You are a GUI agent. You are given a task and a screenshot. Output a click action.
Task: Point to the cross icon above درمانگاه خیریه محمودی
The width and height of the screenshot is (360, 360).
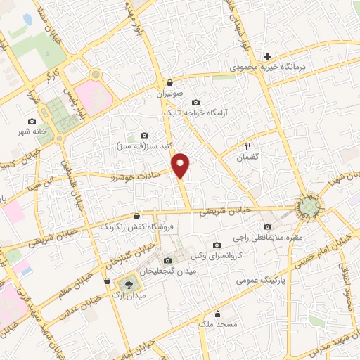(267, 56)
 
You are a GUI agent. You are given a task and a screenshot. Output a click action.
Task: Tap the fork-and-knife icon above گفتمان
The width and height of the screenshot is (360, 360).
(247, 146)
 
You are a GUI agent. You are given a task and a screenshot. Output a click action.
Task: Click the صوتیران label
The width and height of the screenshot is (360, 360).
(169, 93)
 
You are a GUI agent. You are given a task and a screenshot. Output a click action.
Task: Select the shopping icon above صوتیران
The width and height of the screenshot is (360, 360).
(169, 82)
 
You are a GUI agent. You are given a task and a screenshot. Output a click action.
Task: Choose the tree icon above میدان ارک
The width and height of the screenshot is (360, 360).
(129, 283)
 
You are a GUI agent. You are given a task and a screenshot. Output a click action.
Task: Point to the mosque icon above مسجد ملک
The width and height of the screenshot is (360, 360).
(219, 314)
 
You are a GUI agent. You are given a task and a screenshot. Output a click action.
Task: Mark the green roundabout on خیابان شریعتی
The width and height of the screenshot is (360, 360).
(308, 206)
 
